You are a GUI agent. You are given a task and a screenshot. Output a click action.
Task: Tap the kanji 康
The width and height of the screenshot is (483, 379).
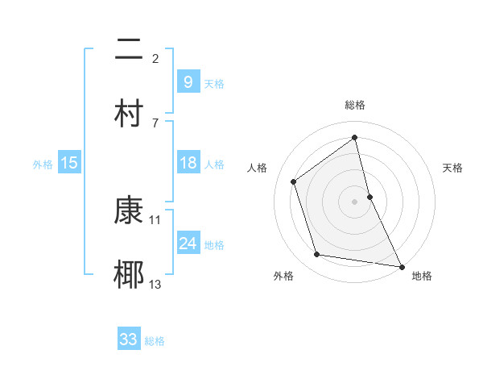tap(130, 210)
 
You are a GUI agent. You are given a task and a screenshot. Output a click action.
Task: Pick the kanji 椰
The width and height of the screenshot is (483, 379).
tap(130, 274)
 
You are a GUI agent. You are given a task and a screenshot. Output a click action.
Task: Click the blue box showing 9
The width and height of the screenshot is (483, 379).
tap(188, 81)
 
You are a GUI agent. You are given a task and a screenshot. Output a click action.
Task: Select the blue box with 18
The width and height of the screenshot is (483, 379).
tap(188, 163)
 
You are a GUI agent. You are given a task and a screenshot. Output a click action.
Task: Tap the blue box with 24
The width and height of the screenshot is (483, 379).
tap(188, 243)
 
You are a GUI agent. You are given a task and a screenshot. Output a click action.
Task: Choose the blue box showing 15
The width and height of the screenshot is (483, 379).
tap(69, 163)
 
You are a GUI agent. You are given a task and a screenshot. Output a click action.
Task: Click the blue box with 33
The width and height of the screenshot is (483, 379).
tap(129, 339)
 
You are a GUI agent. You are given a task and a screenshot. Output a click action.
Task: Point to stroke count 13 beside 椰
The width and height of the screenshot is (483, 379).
tap(155, 284)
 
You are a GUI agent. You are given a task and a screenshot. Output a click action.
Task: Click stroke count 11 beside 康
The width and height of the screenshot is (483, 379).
tap(155, 219)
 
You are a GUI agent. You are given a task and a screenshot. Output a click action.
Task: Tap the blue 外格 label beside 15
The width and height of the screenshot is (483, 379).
tap(43, 164)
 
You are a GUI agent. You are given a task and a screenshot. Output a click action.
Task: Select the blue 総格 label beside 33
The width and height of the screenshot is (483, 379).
tap(155, 341)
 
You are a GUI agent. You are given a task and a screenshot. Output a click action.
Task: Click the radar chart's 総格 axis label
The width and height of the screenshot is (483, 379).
tap(355, 105)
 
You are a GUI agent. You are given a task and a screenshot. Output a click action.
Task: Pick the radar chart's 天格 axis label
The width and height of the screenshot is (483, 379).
tap(453, 168)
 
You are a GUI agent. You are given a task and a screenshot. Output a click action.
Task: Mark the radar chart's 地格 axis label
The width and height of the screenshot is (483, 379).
tap(422, 276)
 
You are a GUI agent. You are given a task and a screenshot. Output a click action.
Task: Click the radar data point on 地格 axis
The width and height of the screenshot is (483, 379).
tap(401, 265)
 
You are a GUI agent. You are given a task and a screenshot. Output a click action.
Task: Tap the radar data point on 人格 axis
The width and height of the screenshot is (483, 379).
tap(294, 181)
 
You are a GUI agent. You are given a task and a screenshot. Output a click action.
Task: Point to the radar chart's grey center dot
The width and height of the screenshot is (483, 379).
tap(355, 201)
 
